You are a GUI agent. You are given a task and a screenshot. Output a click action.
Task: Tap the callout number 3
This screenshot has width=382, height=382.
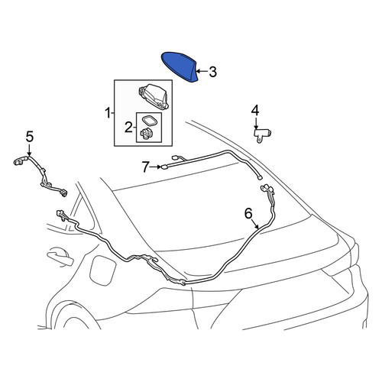click(x=212, y=72)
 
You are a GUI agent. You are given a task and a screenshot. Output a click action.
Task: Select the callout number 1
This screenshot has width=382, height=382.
click(x=108, y=113)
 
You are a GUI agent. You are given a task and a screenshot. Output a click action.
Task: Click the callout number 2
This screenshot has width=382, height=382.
click(x=128, y=128)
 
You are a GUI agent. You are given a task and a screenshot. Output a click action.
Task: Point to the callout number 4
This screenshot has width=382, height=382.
click(x=255, y=111)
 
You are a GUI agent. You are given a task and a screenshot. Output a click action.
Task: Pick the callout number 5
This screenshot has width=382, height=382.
click(x=30, y=137)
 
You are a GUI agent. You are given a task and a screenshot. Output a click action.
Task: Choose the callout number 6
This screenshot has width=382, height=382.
click(x=248, y=213)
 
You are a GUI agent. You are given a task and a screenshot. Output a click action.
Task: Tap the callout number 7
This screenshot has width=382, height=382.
click(x=145, y=167)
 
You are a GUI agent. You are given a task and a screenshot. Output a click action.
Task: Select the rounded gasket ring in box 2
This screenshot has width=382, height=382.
click(x=149, y=120)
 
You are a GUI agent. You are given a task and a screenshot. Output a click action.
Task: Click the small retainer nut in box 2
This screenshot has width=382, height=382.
click(x=147, y=134)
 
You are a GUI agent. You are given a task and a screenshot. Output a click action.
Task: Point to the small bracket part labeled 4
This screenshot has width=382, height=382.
click(x=262, y=136)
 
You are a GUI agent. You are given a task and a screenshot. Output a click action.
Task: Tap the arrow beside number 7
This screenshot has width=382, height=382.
click(x=156, y=167)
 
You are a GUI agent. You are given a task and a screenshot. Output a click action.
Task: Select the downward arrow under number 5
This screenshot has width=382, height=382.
click(x=29, y=150)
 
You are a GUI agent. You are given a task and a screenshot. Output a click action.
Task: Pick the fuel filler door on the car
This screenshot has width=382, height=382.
click(x=103, y=273)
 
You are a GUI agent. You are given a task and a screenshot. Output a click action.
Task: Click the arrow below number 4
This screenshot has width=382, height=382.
click(x=256, y=123)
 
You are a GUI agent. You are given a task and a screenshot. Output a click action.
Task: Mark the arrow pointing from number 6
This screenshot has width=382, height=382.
click(x=255, y=225)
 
